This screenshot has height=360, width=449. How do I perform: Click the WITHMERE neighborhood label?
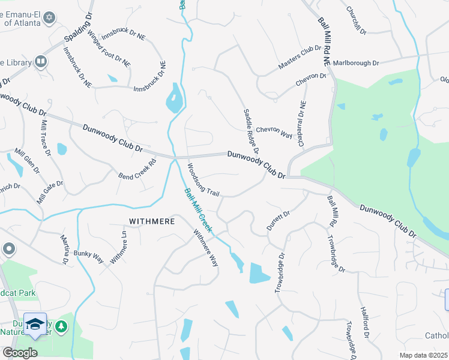[x=150, y=221]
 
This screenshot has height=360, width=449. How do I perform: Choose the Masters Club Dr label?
[x=300, y=58]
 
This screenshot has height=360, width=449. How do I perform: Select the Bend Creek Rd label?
[x=137, y=169]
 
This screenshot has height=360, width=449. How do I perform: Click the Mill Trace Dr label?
[x=46, y=137]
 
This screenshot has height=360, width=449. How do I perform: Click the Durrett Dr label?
[x=278, y=221]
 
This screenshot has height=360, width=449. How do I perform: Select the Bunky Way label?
[x=89, y=257]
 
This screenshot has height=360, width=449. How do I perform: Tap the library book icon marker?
[x=41, y=61]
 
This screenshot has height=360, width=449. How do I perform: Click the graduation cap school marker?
[x=35, y=325]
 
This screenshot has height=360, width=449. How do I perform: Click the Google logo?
[x=20, y=352]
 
